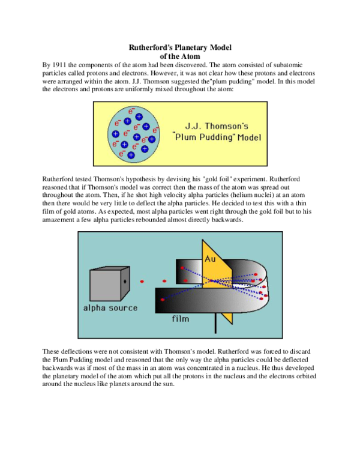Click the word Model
(250, 138)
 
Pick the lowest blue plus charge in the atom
(131, 155)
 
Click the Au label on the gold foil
(210, 259)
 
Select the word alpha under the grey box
(95, 308)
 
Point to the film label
(181, 319)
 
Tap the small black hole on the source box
(124, 281)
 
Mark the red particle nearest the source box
(142, 281)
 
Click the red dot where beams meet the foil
(211, 280)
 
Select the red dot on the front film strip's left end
(162, 299)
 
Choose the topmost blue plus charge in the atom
(139, 116)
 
